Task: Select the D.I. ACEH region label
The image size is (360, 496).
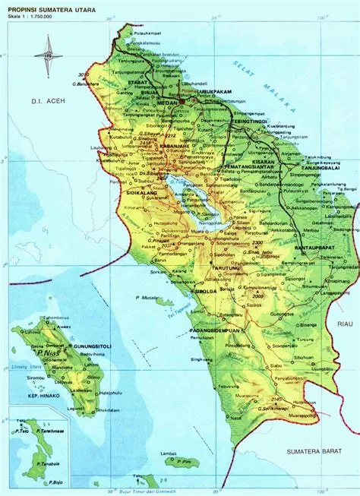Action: pos(36,100)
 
